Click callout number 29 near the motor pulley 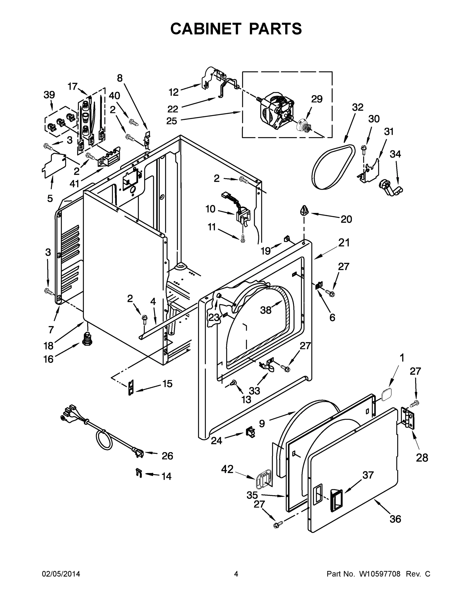click(x=317, y=99)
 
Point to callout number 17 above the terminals click(x=72, y=87)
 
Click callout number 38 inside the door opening click(x=266, y=310)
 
